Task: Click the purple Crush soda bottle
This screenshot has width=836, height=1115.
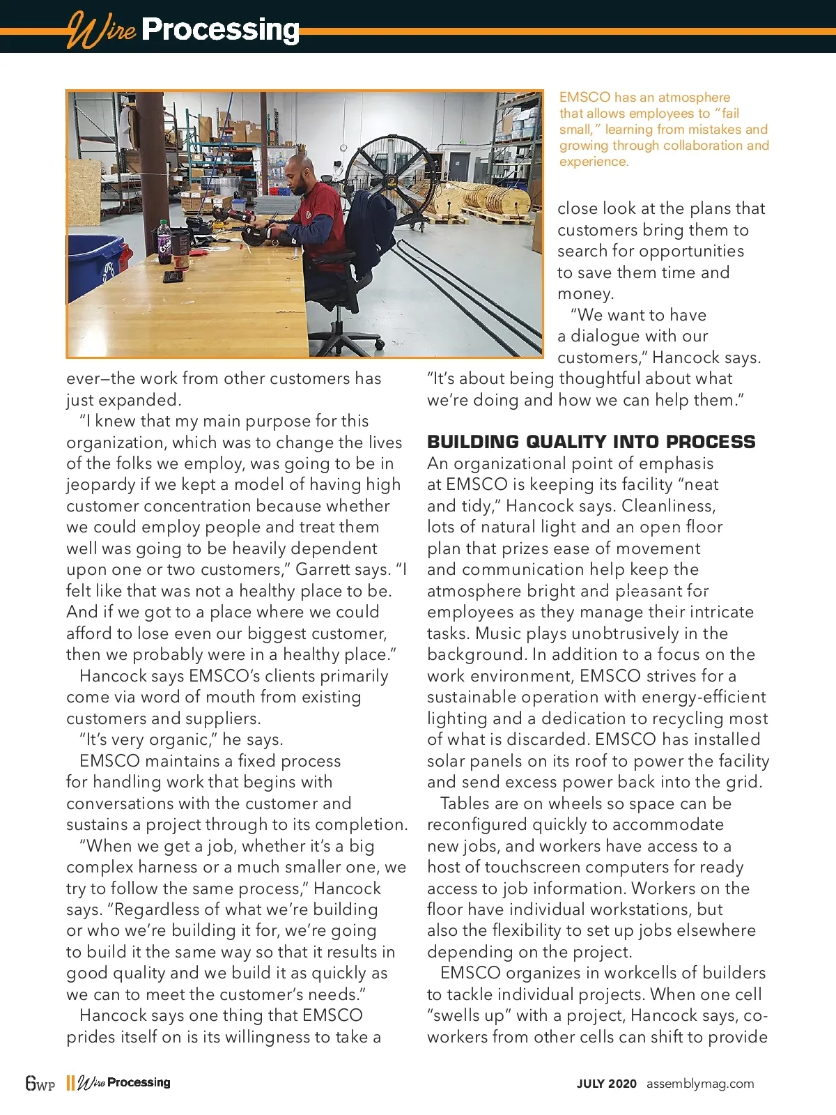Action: pos(164,242)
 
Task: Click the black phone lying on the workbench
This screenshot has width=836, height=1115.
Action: pos(173,277)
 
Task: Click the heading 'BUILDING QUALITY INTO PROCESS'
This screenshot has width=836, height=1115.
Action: pos(591,442)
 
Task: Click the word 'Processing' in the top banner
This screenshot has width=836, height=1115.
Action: pos(220,30)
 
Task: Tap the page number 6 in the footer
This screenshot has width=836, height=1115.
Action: pos(31,1083)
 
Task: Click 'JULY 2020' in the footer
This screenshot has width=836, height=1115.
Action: pos(606,1084)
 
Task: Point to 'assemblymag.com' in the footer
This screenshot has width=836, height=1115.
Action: pos(700,1084)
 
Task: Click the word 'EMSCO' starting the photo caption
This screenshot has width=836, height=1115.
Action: pos(585,98)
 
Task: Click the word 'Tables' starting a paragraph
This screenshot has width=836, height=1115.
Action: pos(465,803)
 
